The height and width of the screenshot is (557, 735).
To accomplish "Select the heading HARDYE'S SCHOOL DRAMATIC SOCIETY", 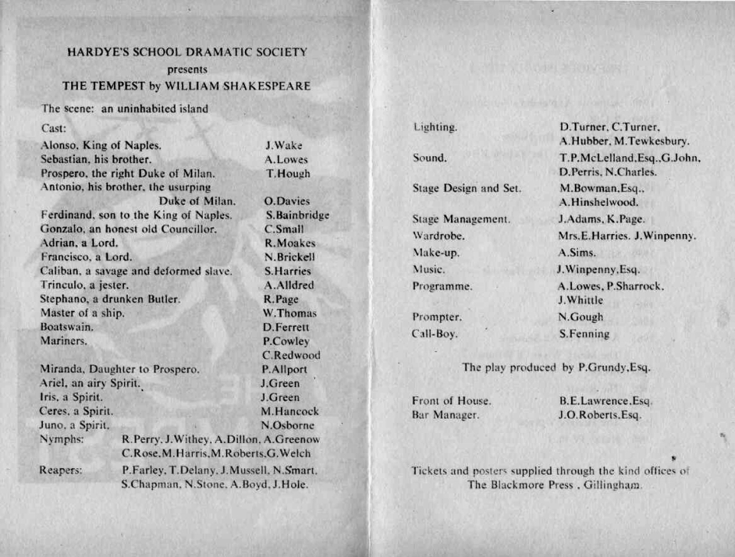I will pos(187,53).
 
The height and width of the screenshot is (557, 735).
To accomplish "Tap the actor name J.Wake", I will pos(283,145).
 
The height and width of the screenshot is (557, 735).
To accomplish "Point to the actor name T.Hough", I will pos(288,174).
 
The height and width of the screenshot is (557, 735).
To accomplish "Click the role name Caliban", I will pos(60,271).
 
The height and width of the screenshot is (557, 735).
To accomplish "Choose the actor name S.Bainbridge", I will pos(297,216).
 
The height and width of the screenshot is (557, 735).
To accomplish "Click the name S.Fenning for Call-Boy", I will pos(584,334).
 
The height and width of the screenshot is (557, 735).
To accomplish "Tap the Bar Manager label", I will pos(446,415).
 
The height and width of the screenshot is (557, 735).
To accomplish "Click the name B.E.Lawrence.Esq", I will pos(606,401).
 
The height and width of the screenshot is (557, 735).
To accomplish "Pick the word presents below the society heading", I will pos(188,70).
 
